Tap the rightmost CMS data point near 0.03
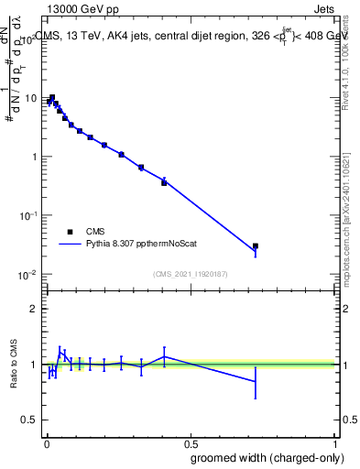(x=256, y=245)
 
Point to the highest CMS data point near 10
(x=52, y=97)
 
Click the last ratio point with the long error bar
(x=256, y=381)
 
